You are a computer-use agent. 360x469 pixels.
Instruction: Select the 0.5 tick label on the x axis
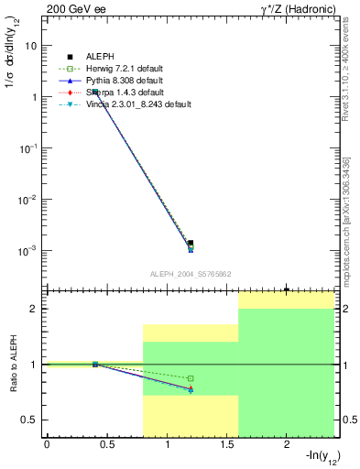point(106,445)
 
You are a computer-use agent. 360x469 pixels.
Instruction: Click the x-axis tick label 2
point(287,445)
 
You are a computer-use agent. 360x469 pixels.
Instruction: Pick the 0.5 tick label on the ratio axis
point(31,420)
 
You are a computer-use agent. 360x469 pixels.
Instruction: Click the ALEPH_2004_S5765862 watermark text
point(190,274)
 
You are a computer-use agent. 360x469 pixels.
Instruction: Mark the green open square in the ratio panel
point(191,378)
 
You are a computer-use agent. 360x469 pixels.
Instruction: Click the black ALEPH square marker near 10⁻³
point(191,243)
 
